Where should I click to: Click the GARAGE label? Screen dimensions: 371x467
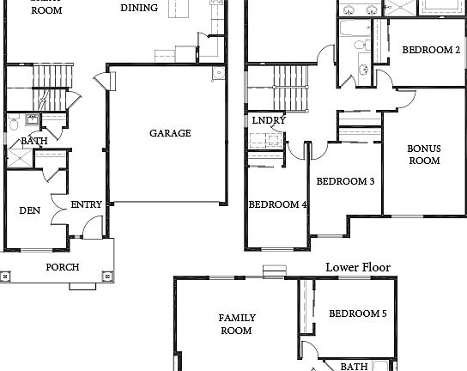pyautogui.click(x=170, y=133)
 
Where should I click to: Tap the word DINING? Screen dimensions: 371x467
pyautogui.click(x=138, y=8)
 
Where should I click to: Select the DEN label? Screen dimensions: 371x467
pyautogui.click(x=30, y=210)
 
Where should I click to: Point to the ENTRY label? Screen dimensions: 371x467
pyautogui.click(x=86, y=204)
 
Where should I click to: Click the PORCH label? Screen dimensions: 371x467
pyautogui.click(x=63, y=267)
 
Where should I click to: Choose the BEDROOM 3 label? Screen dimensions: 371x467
pyautogui.click(x=345, y=181)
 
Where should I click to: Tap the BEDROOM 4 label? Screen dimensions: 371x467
pyautogui.click(x=277, y=204)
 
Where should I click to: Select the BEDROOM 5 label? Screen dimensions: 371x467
pyautogui.click(x=357, y=314)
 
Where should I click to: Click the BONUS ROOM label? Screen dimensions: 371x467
pyautogui.click(x=423, y=154)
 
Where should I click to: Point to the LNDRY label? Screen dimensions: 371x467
pyautogui.click(x=269, y=120)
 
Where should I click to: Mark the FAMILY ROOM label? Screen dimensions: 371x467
pyautogui.click(x=236, y=324)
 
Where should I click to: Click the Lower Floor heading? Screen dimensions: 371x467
pyautogui.click(x=357, y=267)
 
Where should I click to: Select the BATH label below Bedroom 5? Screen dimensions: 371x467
pyautogui.click(x=354, y=367)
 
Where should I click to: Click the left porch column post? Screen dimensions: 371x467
pyautogui.click(x=7, y=277)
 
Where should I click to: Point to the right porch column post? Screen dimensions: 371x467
pyautogui.click(x=107, y=277)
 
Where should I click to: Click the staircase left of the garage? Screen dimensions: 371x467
pyautogui.click(x=39, y=86)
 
